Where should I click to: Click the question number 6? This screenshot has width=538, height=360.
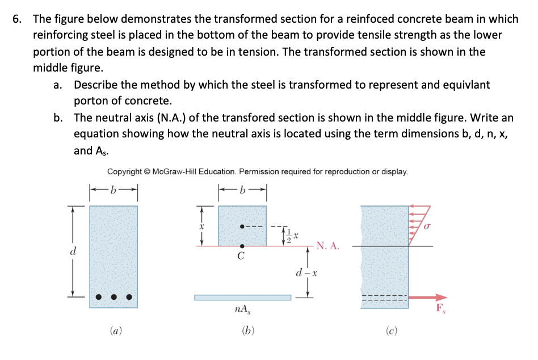coord(17,19)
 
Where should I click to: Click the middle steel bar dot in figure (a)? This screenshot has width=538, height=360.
coord(114,296)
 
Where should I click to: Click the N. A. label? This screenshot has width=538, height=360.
coord(328,246)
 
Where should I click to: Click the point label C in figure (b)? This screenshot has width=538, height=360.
coord(241,256)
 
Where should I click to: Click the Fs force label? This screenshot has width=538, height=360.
coord(440,309)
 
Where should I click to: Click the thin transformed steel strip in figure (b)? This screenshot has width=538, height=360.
coord(242,297)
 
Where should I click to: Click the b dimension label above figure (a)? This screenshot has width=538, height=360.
coord(113,189)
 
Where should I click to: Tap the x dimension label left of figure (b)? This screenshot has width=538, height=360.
coord(200,225)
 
